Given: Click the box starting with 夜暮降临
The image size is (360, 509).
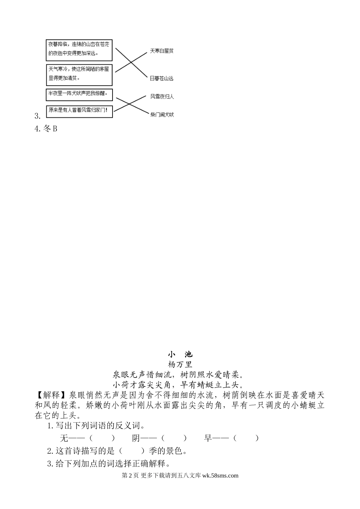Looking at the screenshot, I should [x=79, y=50].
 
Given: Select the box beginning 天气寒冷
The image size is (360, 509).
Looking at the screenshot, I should [x=79, y=75].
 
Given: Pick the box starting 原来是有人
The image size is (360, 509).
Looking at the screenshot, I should [x=79, y=111].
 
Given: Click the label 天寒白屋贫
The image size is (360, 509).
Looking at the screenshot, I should [x=162, y=51].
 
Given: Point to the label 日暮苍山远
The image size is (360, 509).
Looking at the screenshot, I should [x=161, y=78].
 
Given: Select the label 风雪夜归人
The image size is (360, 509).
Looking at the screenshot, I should [x=162, y=97].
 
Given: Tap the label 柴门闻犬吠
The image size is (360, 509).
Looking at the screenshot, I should [x=162, y=114].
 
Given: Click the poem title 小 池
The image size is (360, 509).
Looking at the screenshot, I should [x=180, y=354].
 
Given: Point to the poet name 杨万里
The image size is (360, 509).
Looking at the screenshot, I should [x=180, y=365].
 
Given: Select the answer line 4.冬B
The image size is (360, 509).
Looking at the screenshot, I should [x=46, y=129].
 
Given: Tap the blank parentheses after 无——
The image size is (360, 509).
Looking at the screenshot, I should [x=102, y=438].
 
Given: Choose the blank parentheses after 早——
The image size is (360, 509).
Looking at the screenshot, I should [x=246, y=438].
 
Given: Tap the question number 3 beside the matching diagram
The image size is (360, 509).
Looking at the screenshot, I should [x=37, y=116].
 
